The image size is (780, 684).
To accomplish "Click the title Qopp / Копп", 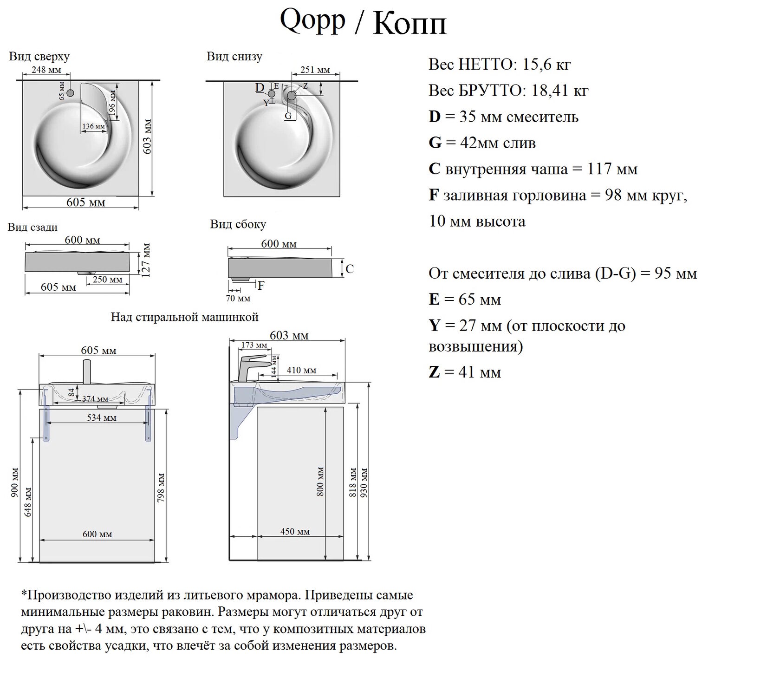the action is pos(363,22).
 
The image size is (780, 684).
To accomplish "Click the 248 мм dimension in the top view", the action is pos(46,70).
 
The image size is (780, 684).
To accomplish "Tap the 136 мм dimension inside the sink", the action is pos(94,126).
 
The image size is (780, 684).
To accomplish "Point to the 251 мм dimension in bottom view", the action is pos(315,70).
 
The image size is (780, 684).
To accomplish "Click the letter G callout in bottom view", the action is pos(288,116).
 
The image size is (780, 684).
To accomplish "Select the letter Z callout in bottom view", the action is pos(305,86).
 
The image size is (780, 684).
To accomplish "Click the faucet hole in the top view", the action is pos(70,93).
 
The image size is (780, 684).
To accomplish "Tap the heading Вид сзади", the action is pos(32,227).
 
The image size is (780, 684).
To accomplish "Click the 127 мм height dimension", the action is pos(146,260).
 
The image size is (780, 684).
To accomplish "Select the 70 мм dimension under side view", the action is pos(238,299).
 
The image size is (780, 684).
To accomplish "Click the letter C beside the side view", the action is pos(350,269).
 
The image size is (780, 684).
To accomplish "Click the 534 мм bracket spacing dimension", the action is pos(102,417).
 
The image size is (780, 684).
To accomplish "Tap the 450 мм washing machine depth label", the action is pos(295,531).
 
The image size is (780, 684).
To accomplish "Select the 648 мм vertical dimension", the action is pos(28,502).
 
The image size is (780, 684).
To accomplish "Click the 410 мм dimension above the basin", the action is pos(301,370).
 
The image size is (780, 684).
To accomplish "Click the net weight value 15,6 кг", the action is pos(546,65).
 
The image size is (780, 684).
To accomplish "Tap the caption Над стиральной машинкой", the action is pos(184,317).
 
